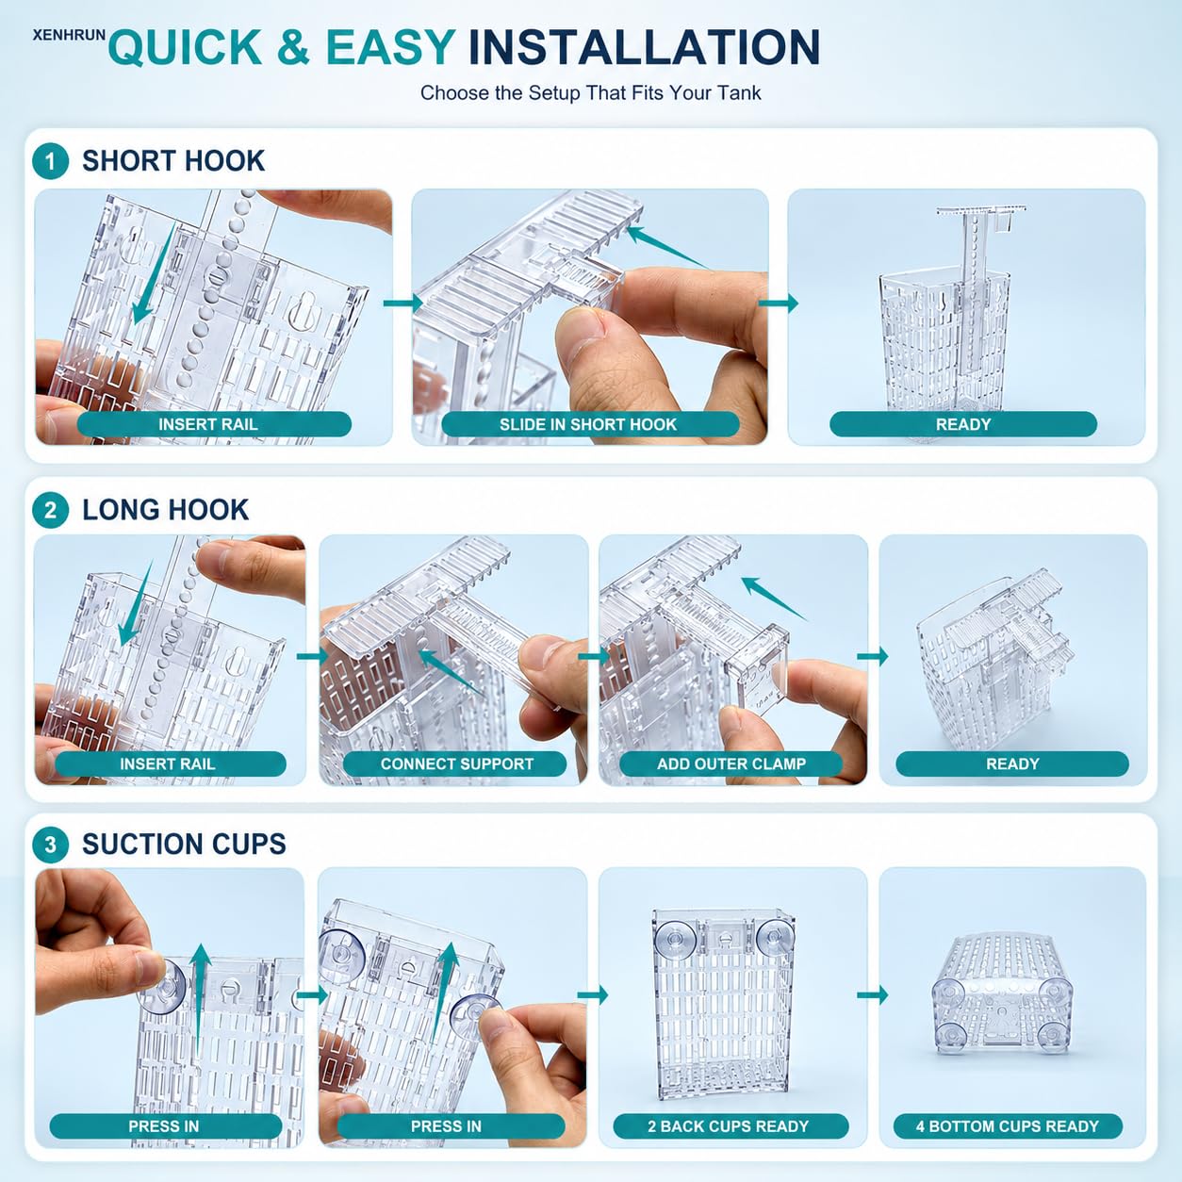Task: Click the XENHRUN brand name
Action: [x=70, y=36]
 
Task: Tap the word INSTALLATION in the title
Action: [x=644, y=46]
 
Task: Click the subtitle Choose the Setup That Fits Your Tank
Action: [x=590, y=93]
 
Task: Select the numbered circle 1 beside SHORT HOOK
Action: [x=50, y=161]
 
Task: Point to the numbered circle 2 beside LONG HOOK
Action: [x=50, y=510]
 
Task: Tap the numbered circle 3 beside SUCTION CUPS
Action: [x=50, y=845]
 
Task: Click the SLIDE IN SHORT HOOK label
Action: [x=587, y=424]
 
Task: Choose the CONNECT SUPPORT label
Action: [x=457, y=764]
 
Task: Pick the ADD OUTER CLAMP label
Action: [x=731, y=764]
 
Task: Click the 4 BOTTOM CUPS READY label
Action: [x=1008, y=1126]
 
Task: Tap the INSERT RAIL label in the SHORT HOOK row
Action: [x=208, y=424]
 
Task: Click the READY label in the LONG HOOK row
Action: [x=1012, y=764]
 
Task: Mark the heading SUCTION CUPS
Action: [x=184, y=845]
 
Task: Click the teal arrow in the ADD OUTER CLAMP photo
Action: [x=774, y=599]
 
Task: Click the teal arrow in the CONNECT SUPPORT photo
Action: [x=451, y=672]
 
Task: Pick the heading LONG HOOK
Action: [x=166, y=510]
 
